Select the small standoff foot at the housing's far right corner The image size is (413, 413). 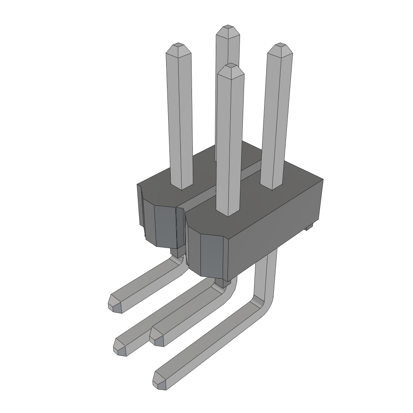(309, 228)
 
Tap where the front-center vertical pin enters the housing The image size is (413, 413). (230, 213)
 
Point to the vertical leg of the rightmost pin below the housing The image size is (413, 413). (266, 274)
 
